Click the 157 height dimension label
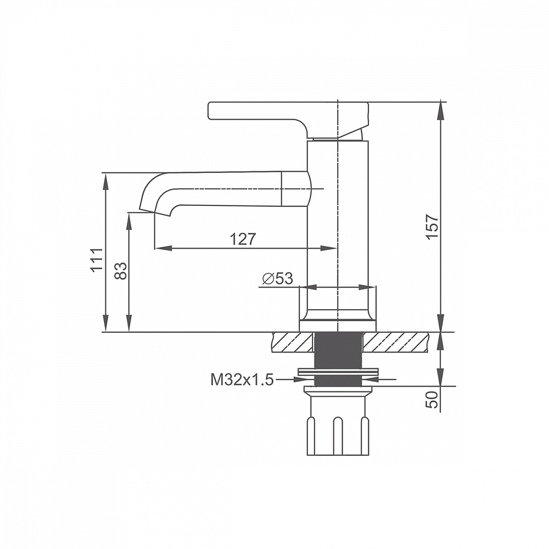pyautogui.click(x=433, y=227)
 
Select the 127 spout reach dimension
pyautogui.click(x=243, y=239)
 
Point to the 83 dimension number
pyautogui.click(x=121, y=271)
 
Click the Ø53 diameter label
pyautogui.click(x=278, y=278)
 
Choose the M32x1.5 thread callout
pyautogui.click(x=242, y=379)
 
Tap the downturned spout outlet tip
pyautogui.click(x=154, y=212)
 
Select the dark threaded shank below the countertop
pyautogui.click(x=338, y=359)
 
